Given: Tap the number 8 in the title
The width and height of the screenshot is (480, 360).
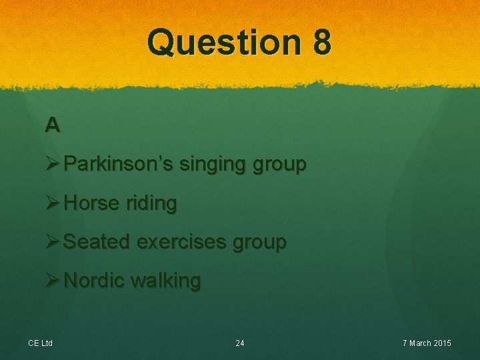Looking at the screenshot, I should [320, 42].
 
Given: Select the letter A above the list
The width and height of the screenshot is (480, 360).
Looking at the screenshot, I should [53, 125].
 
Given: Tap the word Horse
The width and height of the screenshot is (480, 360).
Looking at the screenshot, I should [91, 203].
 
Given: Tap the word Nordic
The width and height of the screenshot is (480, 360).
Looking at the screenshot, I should [95, 281].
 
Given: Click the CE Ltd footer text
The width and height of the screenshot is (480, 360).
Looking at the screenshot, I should [41, 343].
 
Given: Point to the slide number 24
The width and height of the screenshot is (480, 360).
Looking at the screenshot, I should [240, 343].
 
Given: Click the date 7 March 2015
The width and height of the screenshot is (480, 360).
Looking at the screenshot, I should [427, 343].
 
